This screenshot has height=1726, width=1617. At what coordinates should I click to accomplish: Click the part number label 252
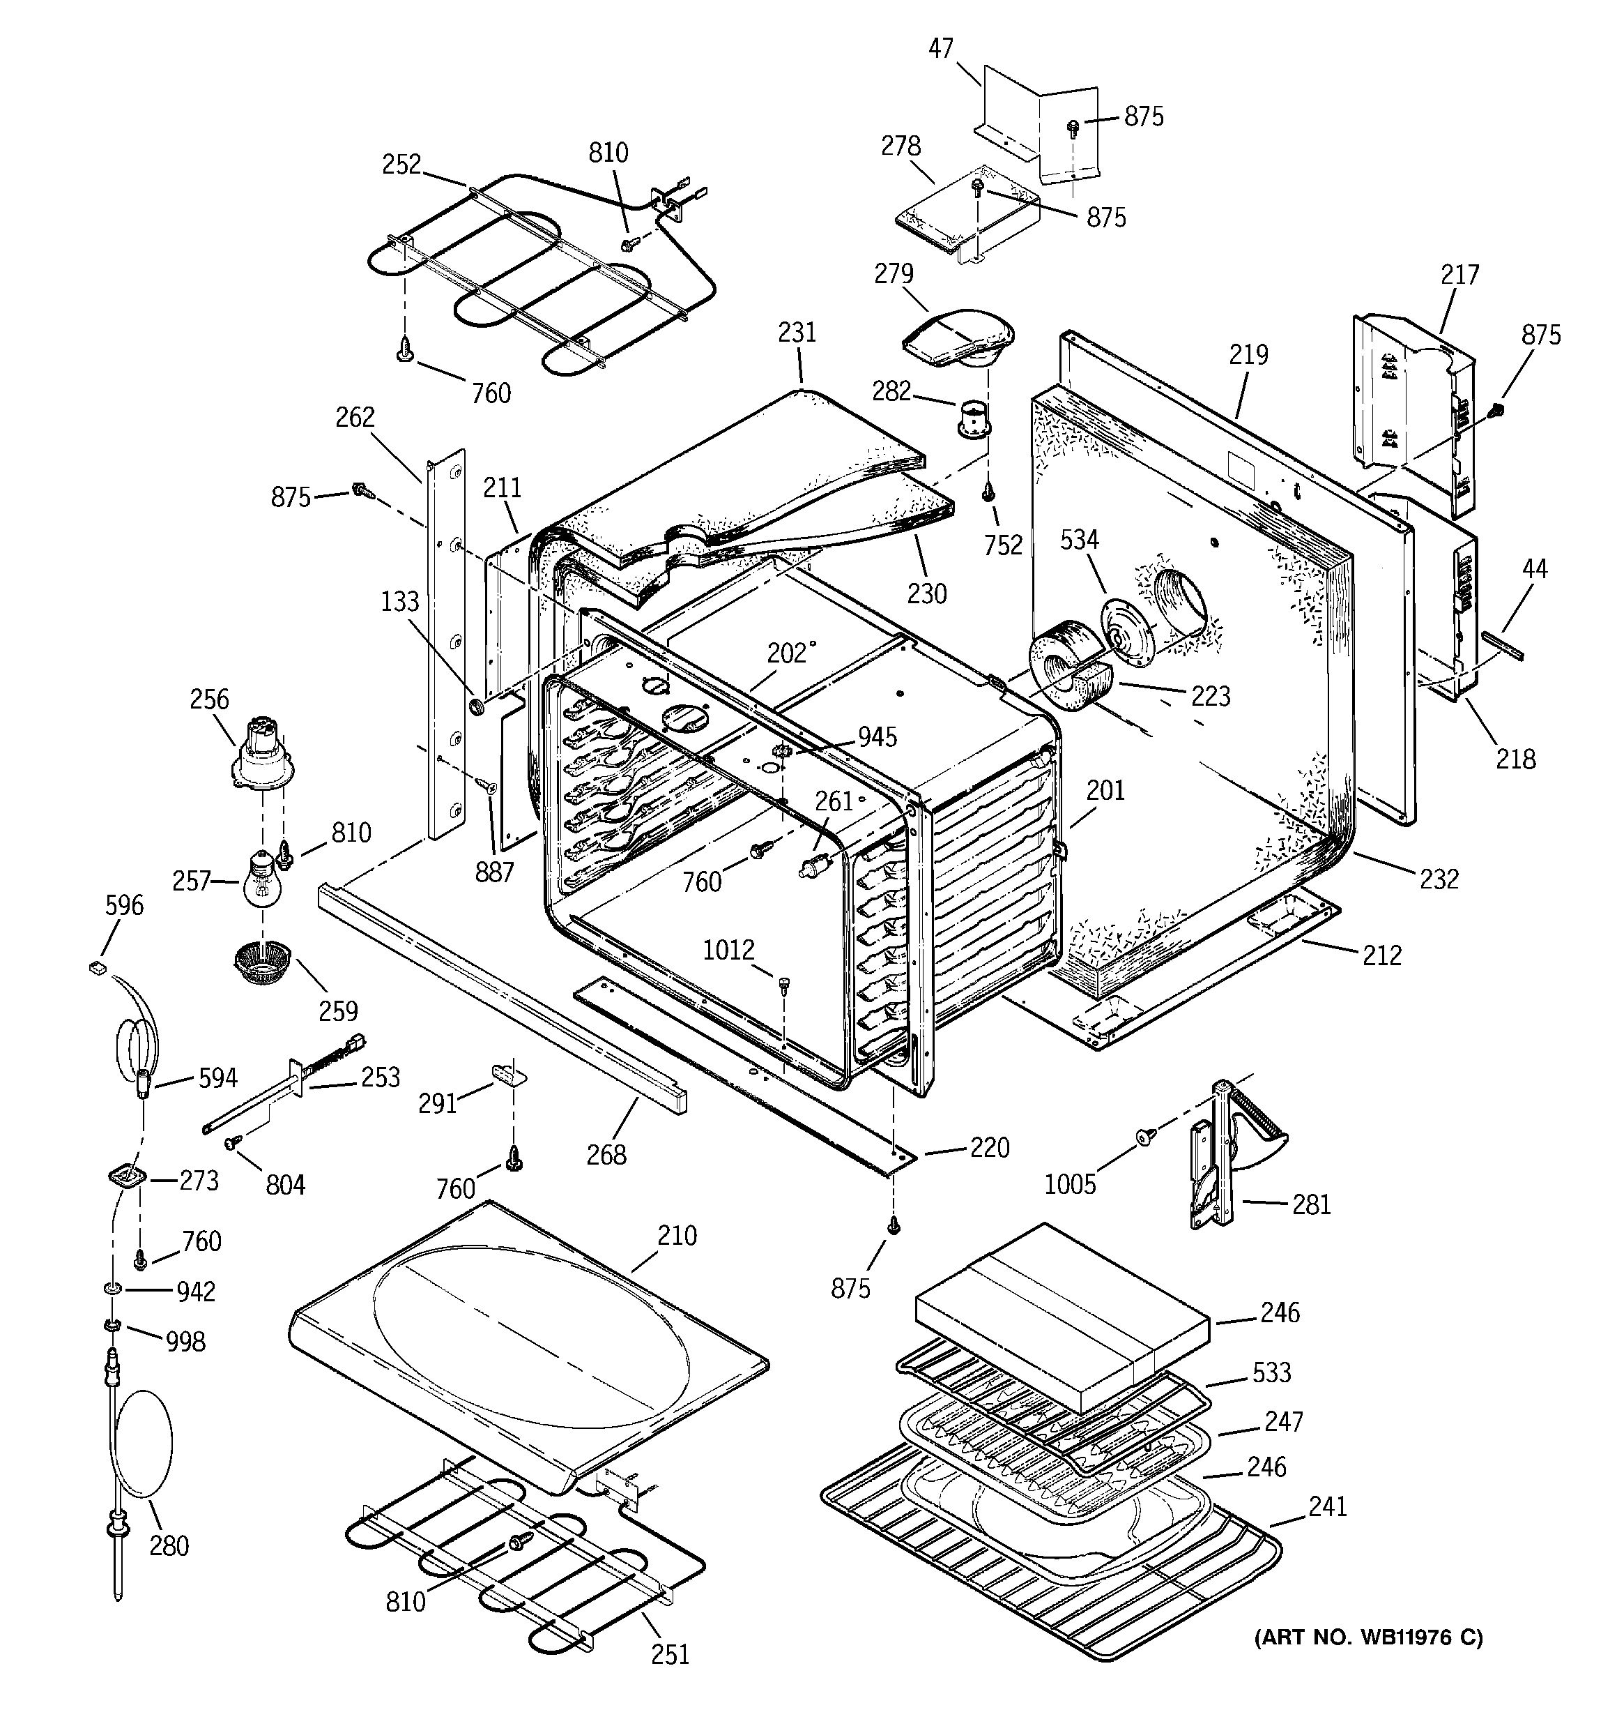click(x=401, y=164)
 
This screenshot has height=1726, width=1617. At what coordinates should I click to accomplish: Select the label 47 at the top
click(x=941, y=49)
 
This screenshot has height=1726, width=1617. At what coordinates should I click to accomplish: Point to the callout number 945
click(x=878, y=736)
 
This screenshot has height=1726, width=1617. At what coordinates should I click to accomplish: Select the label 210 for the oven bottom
click(x=677, y=1234)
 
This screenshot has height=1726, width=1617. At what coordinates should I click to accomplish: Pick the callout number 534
click(x=1080, y=539)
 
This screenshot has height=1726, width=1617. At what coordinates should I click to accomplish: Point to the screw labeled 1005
click(x=1145, y=1135)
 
